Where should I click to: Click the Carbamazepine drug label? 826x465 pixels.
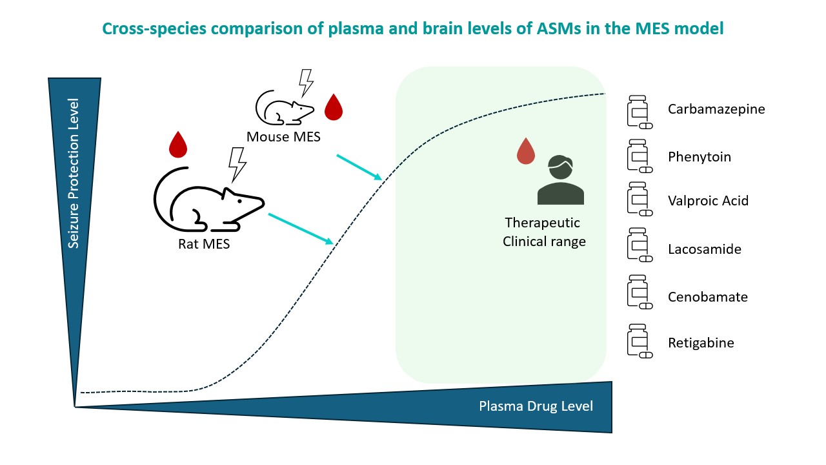tap(716, 109)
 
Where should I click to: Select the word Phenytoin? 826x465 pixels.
tap(699, 157)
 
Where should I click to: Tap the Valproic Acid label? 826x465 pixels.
tap(708, 201)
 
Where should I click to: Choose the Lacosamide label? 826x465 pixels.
tap(704, 249)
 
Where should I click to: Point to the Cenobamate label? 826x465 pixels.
tap(708, 297)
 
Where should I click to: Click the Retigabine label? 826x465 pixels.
tap(701, 343)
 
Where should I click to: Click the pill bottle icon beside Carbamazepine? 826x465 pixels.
tap(640, 112)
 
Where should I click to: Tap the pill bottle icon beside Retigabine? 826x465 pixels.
tap(640, 341)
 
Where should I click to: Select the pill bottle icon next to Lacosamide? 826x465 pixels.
tap(640, 245)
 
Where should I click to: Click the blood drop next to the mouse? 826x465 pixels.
tap(334, 107)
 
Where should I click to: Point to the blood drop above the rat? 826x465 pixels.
tap(178, 144)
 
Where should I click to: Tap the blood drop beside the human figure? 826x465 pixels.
tap(526, 151)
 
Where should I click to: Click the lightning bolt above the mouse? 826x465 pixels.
tap(306, 83)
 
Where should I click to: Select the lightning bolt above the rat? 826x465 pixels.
tap(237, 165)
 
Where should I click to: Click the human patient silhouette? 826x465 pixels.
tap(561, 180)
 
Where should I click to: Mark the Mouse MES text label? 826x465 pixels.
tap(283, 137)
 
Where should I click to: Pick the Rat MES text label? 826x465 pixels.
tap(204, 244)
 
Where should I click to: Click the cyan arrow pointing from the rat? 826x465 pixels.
tap(301, 229)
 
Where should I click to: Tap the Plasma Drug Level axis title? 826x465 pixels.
tap(536, 406)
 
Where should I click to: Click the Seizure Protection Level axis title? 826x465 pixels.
tap(74, 173)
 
